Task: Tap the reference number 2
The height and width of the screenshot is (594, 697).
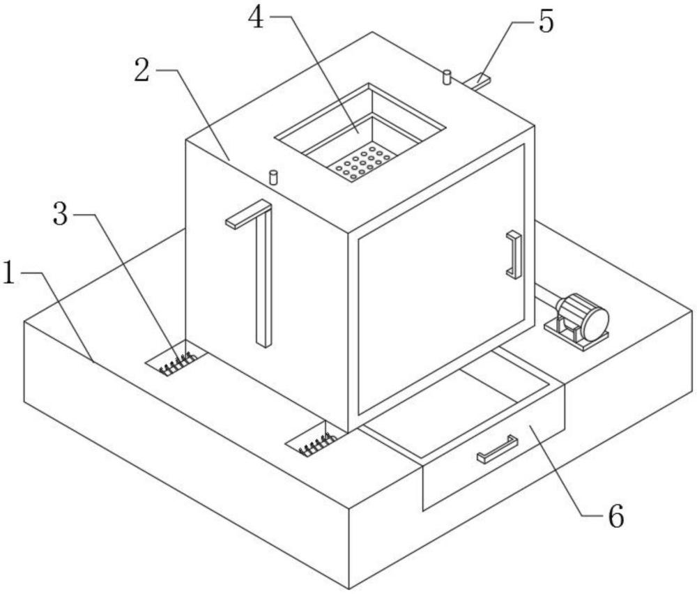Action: click(142, 71)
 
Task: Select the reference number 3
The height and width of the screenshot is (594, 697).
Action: click(61, 215)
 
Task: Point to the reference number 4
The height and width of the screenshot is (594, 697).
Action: click(256, 19)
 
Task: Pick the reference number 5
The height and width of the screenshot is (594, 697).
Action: click(546, 22)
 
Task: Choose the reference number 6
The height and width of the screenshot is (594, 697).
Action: click(615, 516)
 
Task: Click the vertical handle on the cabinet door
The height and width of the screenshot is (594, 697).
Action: click(514, 254)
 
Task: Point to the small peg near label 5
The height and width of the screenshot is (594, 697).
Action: click(447, 77)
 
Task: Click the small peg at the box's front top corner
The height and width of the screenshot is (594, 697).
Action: click(274, 176)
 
